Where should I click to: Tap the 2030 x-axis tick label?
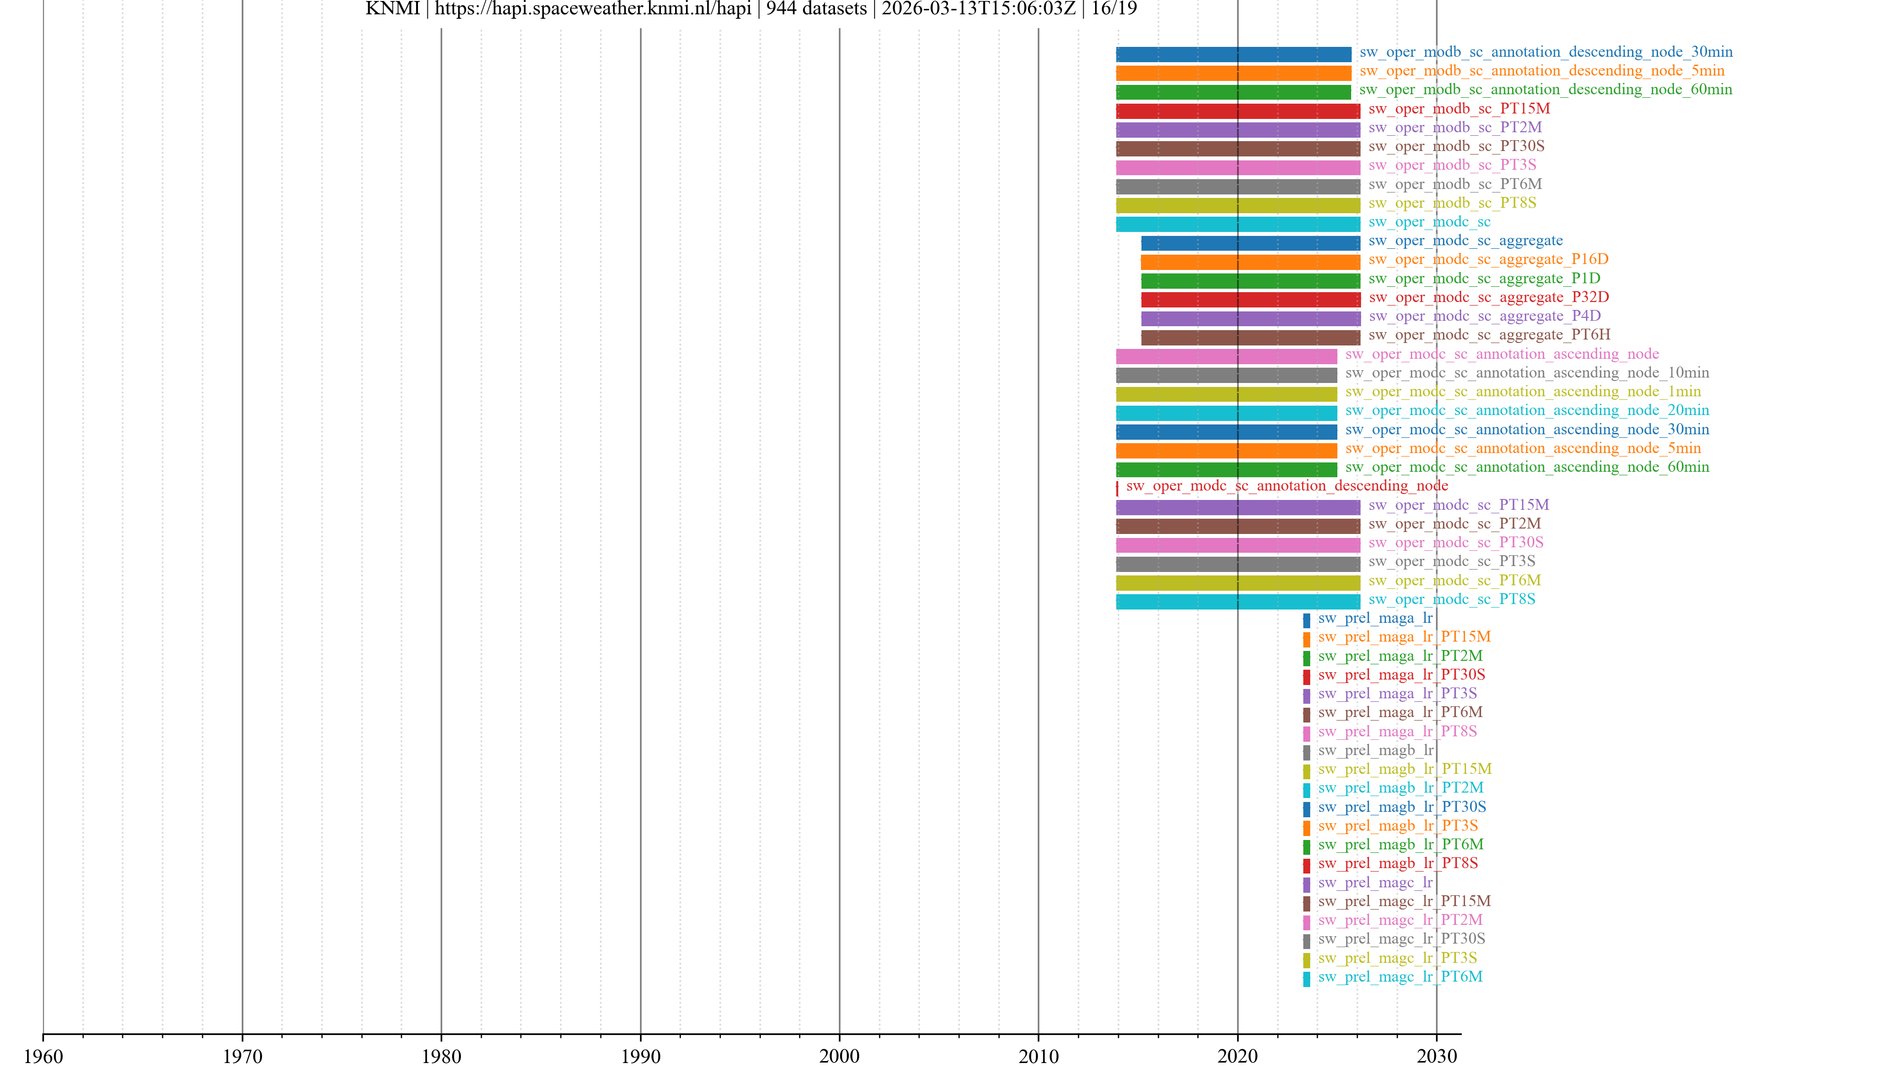pyautogui.click(x=1436, y=1056)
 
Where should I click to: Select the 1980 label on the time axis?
pyautogui.click(x=441, y=1056)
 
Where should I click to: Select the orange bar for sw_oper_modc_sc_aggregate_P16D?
pyautogui.click(x=1250, y=262)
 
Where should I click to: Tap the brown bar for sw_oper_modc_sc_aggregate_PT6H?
pyautogui.click(x=1250, y=338)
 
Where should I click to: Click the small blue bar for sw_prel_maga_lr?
pyautogui.click(x=1306, y=620)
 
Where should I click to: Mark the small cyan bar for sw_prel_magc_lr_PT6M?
pyautogui.click(x=1306, y=979)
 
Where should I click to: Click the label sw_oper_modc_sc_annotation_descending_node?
pyautogui.click(x=1287, y=486)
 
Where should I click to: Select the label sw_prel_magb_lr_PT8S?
pyautogui.click(x=1398, y=863)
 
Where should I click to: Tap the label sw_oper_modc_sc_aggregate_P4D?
pyautogui.click(x=1484, y=316)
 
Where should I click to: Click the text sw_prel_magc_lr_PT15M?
pyautogui.click(x=1403, y=901)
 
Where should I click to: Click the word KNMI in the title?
pyautogui.click(x=392, y=9)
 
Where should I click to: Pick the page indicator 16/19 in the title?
pyautogui.click(x=1114, y=9)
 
